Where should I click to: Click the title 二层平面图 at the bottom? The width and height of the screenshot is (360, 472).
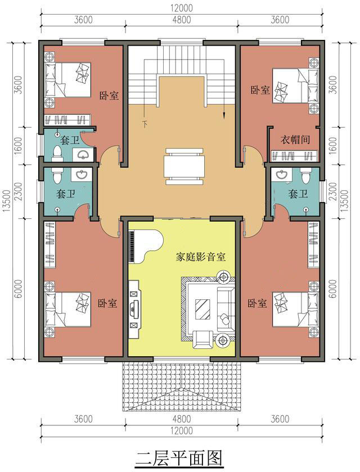tap(179, 458)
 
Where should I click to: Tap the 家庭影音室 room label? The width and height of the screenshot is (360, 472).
tap(200, 257)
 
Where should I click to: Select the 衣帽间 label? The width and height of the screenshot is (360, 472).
tap(295, 140)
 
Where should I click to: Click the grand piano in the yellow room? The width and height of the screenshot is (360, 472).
tap(145, 246)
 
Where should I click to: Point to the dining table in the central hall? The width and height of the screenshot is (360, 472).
tap(183, 166)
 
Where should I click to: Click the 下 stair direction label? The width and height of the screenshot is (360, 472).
tap(145, 123)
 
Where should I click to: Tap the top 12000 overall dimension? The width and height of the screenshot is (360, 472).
tap(182, 8)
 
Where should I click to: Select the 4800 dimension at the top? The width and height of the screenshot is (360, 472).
tap(182, 20)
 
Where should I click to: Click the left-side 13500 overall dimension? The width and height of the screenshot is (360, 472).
tap(7, 201)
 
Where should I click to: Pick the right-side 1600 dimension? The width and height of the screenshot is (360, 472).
tap(334, 145)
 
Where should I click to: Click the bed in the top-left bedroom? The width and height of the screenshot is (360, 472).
tap(67, 79)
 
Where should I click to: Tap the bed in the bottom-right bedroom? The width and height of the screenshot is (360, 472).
tap(295, 309)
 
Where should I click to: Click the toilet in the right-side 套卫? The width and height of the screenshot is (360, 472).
tap(305, 175)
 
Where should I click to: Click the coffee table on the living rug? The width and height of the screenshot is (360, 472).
tap(202, 309)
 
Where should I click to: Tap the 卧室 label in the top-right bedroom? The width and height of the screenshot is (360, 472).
tap(260, 90)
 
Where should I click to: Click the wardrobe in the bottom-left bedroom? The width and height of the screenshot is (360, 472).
tap(50, 245)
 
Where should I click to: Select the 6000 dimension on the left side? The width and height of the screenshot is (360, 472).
tap(19, 289)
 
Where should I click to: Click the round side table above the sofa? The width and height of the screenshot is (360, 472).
tap(223, 276)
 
